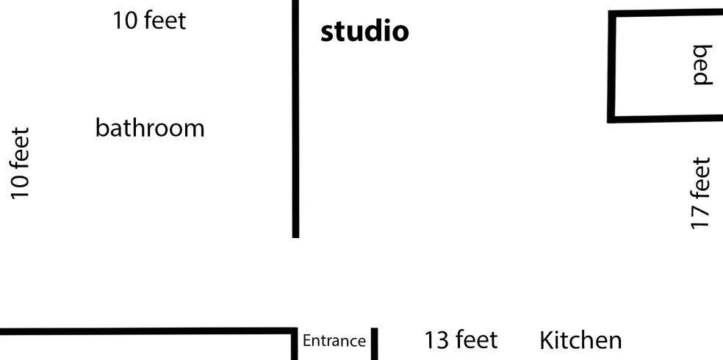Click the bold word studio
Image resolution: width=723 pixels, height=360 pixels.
pos(364,32)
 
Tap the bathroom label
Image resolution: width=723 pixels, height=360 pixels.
pos(150,128)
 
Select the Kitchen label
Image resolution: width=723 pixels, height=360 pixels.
pos(580,340)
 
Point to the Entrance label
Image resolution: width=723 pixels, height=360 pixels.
pos(334,341)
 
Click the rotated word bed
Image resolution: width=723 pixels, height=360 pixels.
pos(702,65)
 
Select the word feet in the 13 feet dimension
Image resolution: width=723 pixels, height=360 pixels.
pos(477,340)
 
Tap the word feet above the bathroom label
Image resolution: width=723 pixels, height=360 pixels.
pos(165,21)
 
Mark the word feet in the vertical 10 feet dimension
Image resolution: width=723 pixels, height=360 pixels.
pos(21,148)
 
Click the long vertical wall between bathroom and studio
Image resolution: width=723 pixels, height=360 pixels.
pos(295,119)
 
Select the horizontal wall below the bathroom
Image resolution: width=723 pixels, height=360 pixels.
pos(148,331)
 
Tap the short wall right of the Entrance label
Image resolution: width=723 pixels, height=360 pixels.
pos(375,344)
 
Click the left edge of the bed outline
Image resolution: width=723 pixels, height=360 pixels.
pos(612,67)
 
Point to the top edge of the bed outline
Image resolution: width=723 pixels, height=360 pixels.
pos(666,12)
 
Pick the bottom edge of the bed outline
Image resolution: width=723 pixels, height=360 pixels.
pos(666,119)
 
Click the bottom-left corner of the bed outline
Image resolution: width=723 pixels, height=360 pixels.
pos(611,120)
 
